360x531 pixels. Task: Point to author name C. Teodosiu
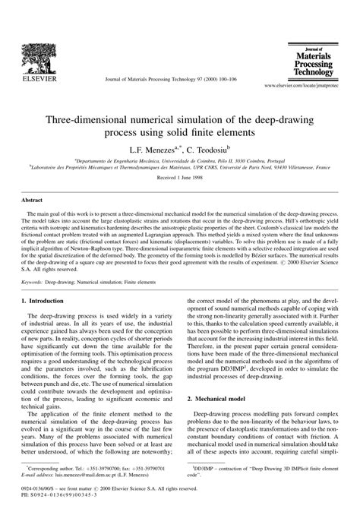[207, 150]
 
